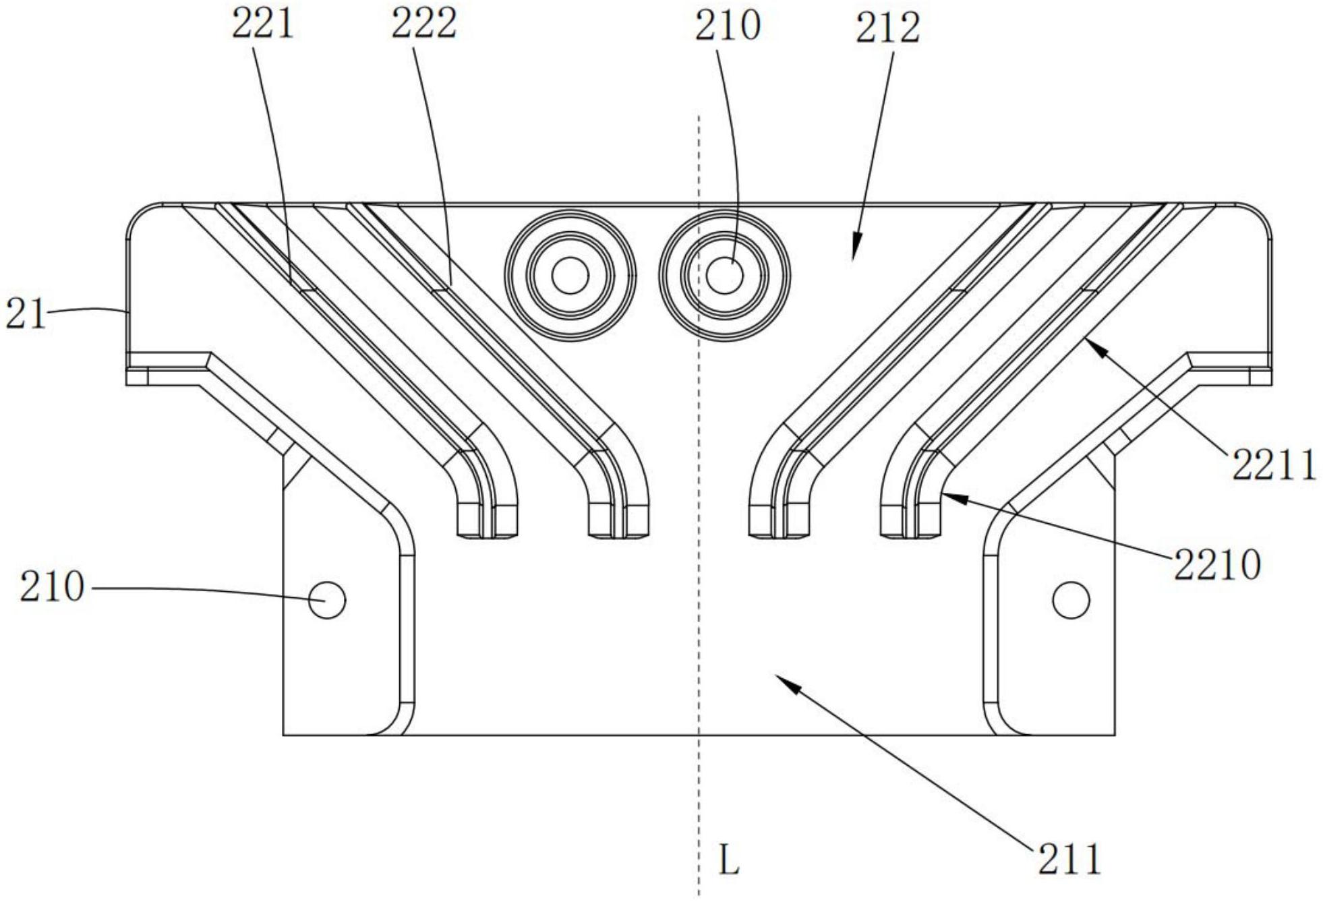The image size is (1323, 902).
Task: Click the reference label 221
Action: tap(263, 25)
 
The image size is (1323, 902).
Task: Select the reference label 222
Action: tap(424, 25)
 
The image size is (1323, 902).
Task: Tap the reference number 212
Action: tap(887, 28)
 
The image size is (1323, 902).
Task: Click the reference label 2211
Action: tap(1274, 465)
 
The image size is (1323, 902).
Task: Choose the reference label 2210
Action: tap(1217, 565)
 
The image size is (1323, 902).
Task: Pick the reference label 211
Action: tap(1069, 860)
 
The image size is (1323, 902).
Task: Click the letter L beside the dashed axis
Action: tap(729, 861)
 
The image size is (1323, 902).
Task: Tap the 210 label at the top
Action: tap(728, 26)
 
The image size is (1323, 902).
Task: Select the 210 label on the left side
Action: tap(52, 587)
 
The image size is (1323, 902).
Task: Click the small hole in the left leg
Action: tap(327, 599)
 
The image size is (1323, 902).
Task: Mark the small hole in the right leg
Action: tap(1071, 599)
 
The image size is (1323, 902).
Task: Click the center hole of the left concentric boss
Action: tap(570, 275)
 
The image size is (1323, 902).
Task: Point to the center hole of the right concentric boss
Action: tap(725, 275)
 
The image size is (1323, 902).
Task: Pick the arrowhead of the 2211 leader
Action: tap(1087, 342)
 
